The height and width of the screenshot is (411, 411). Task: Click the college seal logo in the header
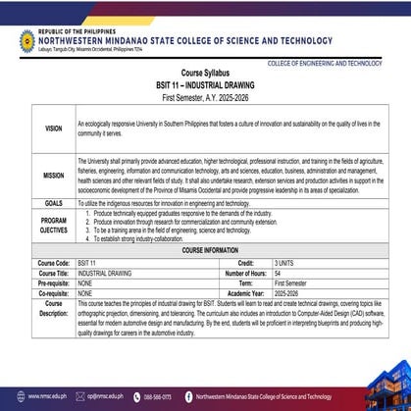[x=26, y=39]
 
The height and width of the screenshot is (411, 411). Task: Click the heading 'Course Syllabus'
[x=205, y=76]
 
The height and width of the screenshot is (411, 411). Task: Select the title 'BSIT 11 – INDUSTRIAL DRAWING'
[x=205, y=87]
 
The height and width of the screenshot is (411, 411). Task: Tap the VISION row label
[x=53, y=128]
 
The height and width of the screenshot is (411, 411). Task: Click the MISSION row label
[x=53, y=175]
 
